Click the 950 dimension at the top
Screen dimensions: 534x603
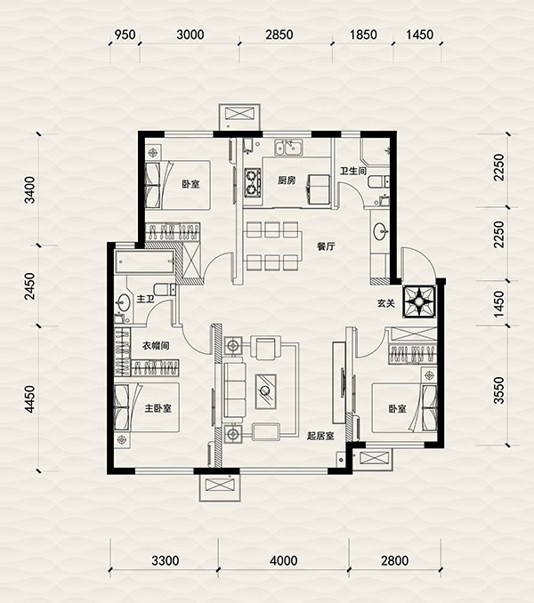[x=125, y=35]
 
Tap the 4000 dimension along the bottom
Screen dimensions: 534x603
[x=284, y=560]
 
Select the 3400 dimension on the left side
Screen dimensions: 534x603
[x=29, y=189]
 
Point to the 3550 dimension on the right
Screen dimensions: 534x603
[x=499, y=390]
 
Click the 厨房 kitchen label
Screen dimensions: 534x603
[x=287, y=180]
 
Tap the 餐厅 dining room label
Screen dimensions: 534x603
[x=326, y=246]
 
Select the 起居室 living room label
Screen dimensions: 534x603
[x=320, y=436]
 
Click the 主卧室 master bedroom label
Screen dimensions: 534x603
[x=158, y=408]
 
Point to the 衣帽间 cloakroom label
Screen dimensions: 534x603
[x=156, y=346]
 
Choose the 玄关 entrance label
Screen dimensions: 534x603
[x=386, y=303]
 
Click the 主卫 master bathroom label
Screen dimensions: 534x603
[x=145, y=299]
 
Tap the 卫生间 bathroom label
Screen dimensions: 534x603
[x=352, y=171]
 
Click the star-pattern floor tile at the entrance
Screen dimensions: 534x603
[x=419, y=301]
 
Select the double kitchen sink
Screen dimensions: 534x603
[x=288, y=148]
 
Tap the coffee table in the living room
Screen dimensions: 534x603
[x=266, y=391]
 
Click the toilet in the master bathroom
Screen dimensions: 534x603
[x=165, y=289]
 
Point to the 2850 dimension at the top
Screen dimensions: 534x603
[x=279, y=35]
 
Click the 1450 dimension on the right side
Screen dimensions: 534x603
[x=499, y=304]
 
